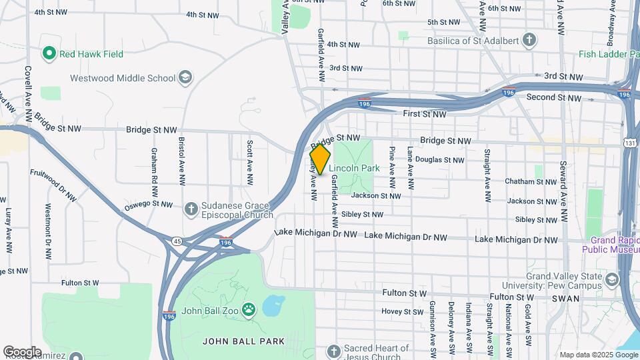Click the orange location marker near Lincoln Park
320,159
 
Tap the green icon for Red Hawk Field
48,53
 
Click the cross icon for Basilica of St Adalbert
529,39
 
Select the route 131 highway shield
630,143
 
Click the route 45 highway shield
177,241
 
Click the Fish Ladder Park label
609,53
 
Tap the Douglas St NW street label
439,160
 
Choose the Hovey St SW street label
402,311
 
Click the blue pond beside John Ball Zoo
273,306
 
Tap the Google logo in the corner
23,351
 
